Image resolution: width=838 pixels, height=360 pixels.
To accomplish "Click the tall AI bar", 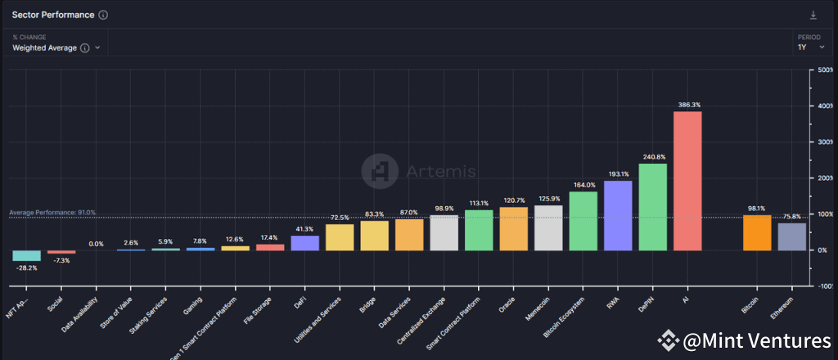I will [x=687, y=180].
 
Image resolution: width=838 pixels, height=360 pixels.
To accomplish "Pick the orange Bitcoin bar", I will [x=757, y=232].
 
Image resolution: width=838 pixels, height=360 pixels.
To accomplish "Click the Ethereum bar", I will [x=791, y=236].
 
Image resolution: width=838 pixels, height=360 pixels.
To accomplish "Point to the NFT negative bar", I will [x=27, y=255].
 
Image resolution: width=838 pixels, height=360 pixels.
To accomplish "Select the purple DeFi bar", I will [x=305, y=242].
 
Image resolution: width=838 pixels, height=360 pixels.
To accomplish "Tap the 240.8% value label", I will [x=653, y=157].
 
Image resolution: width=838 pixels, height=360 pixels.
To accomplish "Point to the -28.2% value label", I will [x=27, y=268].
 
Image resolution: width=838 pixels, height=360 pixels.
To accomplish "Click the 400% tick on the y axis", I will [x=824, y=106].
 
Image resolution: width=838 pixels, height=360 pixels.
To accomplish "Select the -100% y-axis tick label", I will [x=824, y=286].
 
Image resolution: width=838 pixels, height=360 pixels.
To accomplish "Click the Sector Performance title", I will [x=52, y=15].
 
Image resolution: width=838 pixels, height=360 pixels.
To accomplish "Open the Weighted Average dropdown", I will [x=56, y=48].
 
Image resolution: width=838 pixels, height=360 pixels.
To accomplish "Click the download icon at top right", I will [x=813, y=16].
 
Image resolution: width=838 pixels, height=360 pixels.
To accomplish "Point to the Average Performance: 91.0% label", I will [x=52, y=213].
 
